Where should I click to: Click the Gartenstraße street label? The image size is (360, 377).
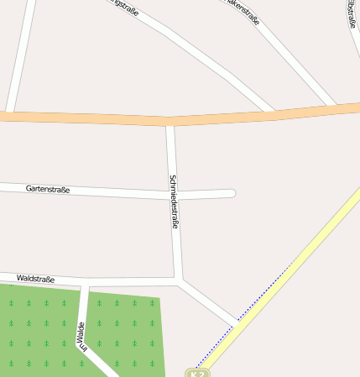click(x=47, y=189)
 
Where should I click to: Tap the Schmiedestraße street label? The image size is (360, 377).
click(x=174, y=202)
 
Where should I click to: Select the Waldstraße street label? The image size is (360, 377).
click(x=35, y=278)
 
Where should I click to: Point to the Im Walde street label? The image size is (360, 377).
click(x=81, y=334)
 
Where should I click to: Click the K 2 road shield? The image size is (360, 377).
click(x=198, y=372)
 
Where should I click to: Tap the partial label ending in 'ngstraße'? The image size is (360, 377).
click(x=123, y=7)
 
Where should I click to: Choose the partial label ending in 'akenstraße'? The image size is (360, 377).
click(x=242, y=11)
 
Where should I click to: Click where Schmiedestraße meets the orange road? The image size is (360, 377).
click(x=170, y=123)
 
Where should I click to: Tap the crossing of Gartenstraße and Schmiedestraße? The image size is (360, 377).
click(x=174, y=194)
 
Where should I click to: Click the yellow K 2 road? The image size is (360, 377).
click(x=285, y=277)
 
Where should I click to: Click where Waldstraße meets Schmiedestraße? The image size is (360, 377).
click(x=179, y=279)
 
